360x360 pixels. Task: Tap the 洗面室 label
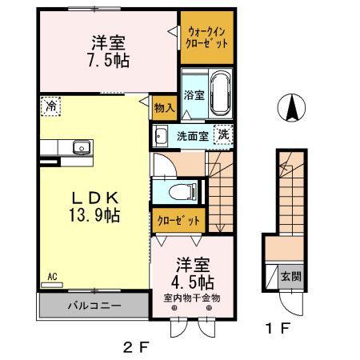pos(193,135)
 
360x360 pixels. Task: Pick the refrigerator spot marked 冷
pos(50,105)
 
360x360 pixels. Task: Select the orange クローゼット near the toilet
pos(178,219)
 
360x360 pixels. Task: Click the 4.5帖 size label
pos(191,282)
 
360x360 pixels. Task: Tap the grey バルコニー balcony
pos(93,306)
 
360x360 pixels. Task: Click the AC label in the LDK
pos(50,277)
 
